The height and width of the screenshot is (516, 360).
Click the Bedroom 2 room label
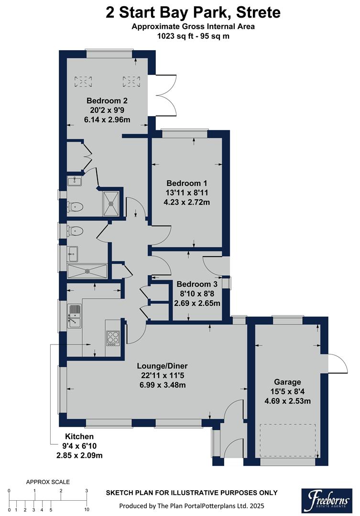(x=107, y=101)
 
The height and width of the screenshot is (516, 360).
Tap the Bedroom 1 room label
(x=186, y=183)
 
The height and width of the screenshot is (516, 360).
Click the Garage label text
(x=287, y=382)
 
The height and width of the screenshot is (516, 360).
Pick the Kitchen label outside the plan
(x=79, y=437)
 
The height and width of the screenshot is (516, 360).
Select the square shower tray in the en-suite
(x=111, y=203)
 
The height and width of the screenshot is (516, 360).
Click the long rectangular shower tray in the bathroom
(x=87, y=271)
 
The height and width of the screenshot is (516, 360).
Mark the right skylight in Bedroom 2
(x=131, y=82)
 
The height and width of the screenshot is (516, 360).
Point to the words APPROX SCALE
(x=48, y=482)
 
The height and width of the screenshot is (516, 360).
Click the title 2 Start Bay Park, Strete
(x=193, y=12)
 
